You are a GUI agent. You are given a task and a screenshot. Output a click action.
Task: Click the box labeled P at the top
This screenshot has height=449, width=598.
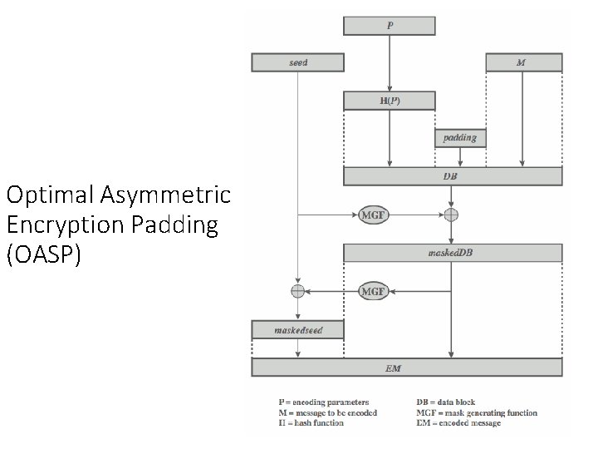[390, 26]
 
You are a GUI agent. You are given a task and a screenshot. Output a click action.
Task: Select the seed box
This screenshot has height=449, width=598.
[297, 62]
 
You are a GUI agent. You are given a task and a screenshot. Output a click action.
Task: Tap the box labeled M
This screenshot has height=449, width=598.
[523, 62]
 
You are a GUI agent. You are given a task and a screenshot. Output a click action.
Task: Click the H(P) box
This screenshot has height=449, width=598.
[390, 101]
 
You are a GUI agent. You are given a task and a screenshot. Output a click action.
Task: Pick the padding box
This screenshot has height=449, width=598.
[460, 137]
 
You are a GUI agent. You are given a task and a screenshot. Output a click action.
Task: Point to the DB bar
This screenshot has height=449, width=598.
[453, 176]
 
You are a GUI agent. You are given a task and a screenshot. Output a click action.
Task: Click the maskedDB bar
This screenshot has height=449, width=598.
[453, 253]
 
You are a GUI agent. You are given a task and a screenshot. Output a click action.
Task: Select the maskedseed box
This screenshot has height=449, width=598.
[297, 330]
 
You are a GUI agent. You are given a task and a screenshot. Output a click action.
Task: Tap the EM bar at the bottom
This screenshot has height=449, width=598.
[407, 368]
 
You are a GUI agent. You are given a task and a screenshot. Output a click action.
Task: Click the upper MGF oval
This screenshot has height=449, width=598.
[373, 215]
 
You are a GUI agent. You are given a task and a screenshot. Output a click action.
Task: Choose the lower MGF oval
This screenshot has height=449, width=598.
[373, 291]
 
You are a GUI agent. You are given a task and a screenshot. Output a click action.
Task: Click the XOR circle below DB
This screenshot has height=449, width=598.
[451, 215]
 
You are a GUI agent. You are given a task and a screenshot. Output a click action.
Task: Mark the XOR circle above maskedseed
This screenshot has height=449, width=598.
[297, 291]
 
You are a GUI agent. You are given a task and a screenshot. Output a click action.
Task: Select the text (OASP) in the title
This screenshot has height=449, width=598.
[44, 255]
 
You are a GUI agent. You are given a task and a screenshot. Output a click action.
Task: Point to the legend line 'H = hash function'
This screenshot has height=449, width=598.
[311, 422]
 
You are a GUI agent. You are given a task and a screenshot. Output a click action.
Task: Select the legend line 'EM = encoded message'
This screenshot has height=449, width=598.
[458, 422]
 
